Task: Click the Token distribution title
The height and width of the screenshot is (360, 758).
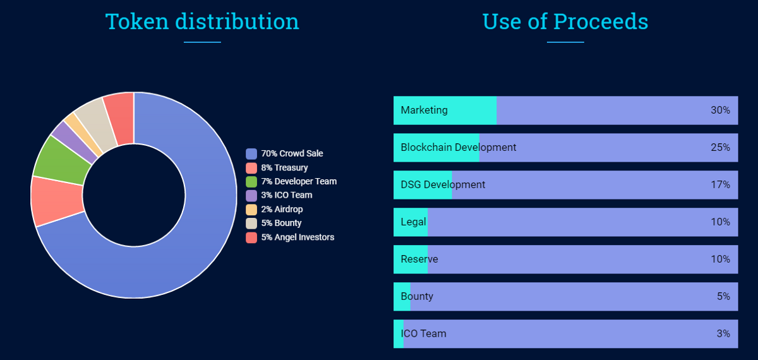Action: [202, 21]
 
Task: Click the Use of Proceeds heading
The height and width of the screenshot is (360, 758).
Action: [565, 21]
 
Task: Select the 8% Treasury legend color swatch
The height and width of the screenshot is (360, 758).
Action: [251, 168]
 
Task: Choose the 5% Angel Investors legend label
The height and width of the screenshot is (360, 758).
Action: [298, 237]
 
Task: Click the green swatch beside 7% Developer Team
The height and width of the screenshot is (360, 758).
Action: [251, 182]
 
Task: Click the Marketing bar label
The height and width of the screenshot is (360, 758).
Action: [424, 111]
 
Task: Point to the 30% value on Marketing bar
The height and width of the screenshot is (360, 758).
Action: [720, 111]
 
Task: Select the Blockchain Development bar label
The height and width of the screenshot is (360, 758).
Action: [458, 148]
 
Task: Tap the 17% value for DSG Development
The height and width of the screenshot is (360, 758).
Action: [720, 185]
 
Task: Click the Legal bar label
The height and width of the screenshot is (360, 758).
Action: [413, 222]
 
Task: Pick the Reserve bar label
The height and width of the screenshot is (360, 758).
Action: [419, 260]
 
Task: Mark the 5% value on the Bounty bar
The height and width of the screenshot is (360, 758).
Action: [723, 296]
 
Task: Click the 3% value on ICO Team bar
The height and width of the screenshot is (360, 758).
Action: [723, 333]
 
